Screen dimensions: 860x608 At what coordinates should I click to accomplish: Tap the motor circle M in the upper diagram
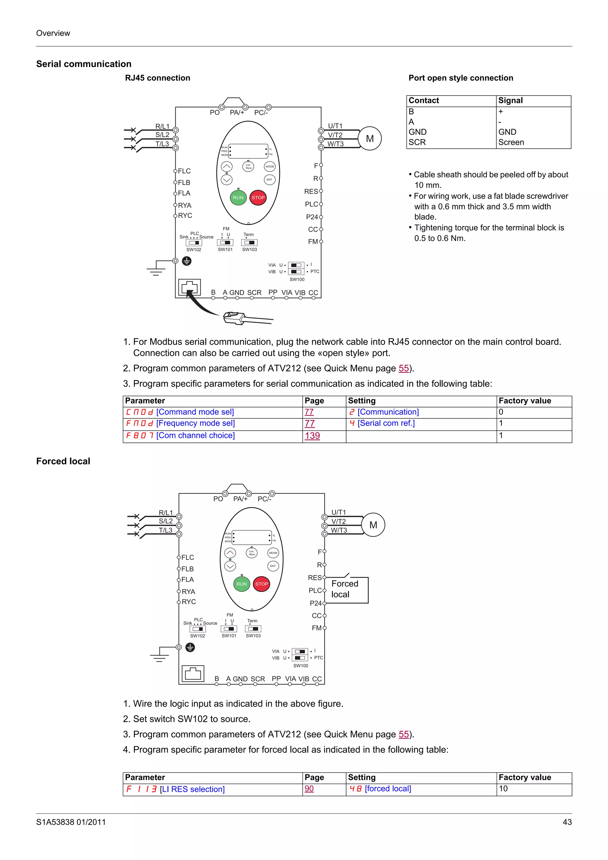370,139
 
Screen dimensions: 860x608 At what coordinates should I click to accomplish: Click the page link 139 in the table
312,436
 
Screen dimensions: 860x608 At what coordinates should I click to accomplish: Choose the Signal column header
510,100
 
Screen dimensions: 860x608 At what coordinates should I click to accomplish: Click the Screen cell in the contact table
511,142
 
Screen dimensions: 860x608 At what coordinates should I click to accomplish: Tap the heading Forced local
63,461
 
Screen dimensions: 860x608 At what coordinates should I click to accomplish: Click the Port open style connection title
460,78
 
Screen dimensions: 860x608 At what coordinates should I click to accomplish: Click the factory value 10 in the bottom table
503,788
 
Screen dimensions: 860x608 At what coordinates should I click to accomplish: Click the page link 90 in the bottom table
309,788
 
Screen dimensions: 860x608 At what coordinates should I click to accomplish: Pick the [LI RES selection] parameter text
192,789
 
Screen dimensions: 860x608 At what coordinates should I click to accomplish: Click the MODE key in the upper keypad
270,166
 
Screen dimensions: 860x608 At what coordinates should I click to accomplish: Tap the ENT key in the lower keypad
273,566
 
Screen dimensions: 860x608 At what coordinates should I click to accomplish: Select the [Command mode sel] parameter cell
195,412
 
